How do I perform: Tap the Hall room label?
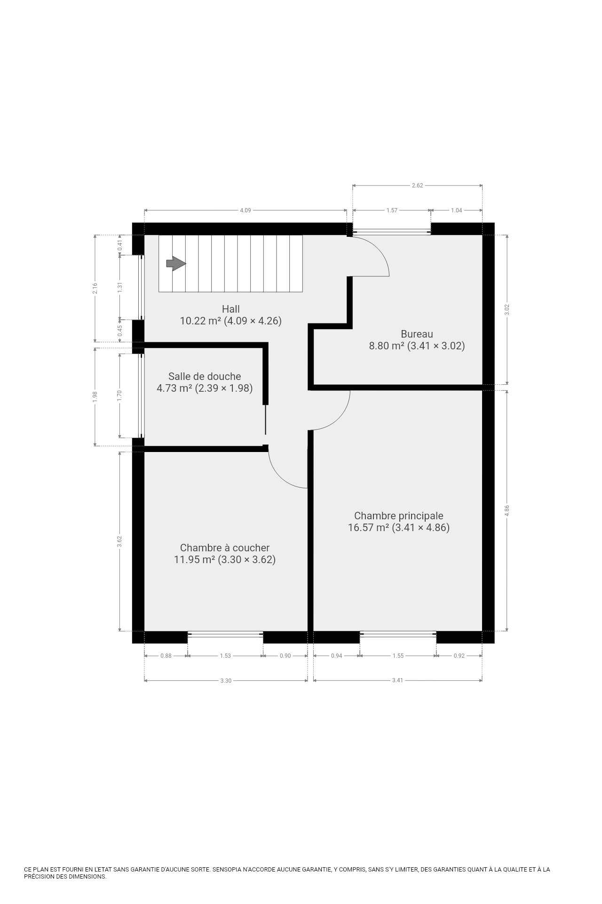click(231, 309)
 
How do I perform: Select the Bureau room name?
click(417, 334)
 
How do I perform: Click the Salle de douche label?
click(205, 377)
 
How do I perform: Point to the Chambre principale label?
click(399, 516)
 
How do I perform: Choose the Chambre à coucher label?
click(225, 548)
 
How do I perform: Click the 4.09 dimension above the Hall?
click(246, 210)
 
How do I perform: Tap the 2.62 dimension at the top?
click(418, 186)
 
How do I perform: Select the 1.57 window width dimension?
click(392, 210)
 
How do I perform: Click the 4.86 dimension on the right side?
click(507, 510)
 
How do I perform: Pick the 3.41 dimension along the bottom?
click(398, 680)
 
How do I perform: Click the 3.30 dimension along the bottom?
click(226, 680)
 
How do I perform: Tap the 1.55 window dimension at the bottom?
click(398, 656)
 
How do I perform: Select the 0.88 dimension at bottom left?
click(166, 656)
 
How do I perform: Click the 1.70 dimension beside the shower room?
click(120, 395)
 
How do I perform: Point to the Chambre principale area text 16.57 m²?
click(368, 528)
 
